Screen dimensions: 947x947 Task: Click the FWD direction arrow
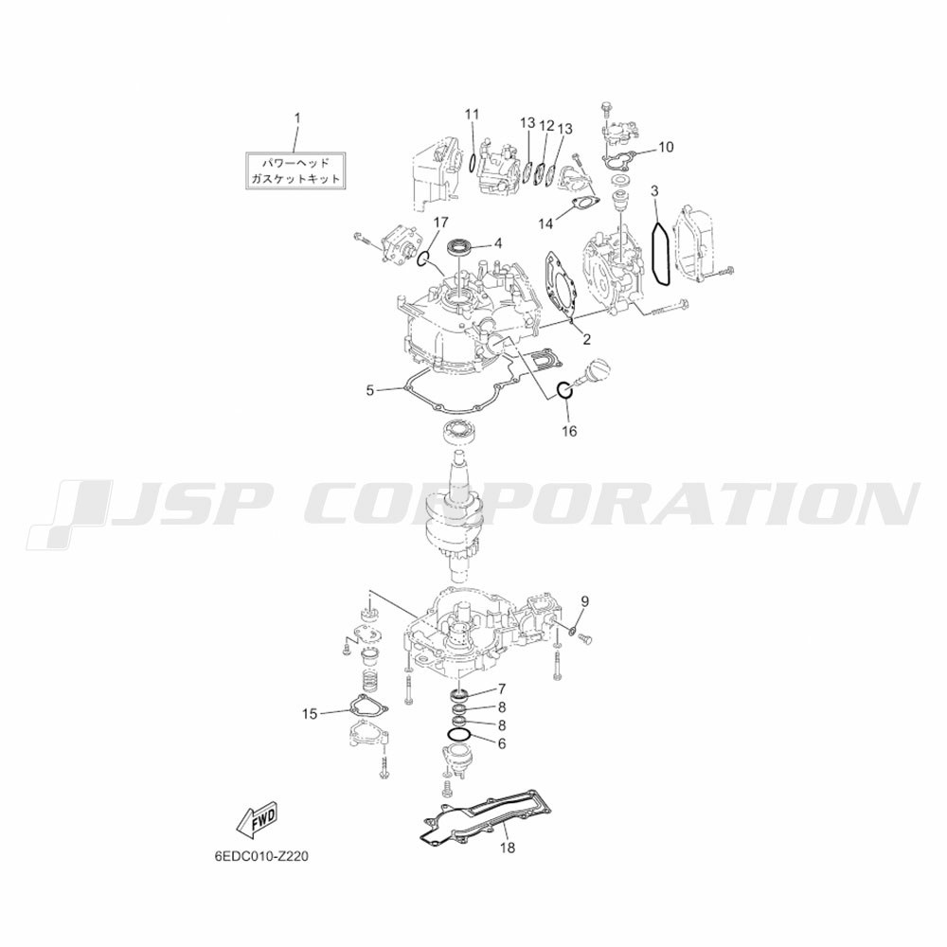[x=259, y=821]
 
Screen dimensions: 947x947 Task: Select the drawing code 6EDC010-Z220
[x=257, y=856]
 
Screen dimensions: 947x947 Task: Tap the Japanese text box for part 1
[x=295, y=170]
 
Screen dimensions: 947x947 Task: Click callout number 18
[x=508, y=848]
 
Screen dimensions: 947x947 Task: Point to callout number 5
[x=370, y=391]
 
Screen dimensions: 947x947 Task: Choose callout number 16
[x=569, y=431]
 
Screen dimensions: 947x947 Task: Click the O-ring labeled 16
[x=564, y=391]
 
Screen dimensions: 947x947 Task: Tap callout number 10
[x=666, y=147]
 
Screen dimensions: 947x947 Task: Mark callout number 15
[x=310, y=714]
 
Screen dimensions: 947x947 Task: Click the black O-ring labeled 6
[x=459, y=735]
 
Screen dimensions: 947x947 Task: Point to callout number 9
[x=584, y=601]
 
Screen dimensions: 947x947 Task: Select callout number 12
[x=546, y=126]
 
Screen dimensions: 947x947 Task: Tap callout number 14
[x=545, y=224]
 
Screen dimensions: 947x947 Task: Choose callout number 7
[x=501, y=688]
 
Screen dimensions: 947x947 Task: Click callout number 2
[x=586, y=339]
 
